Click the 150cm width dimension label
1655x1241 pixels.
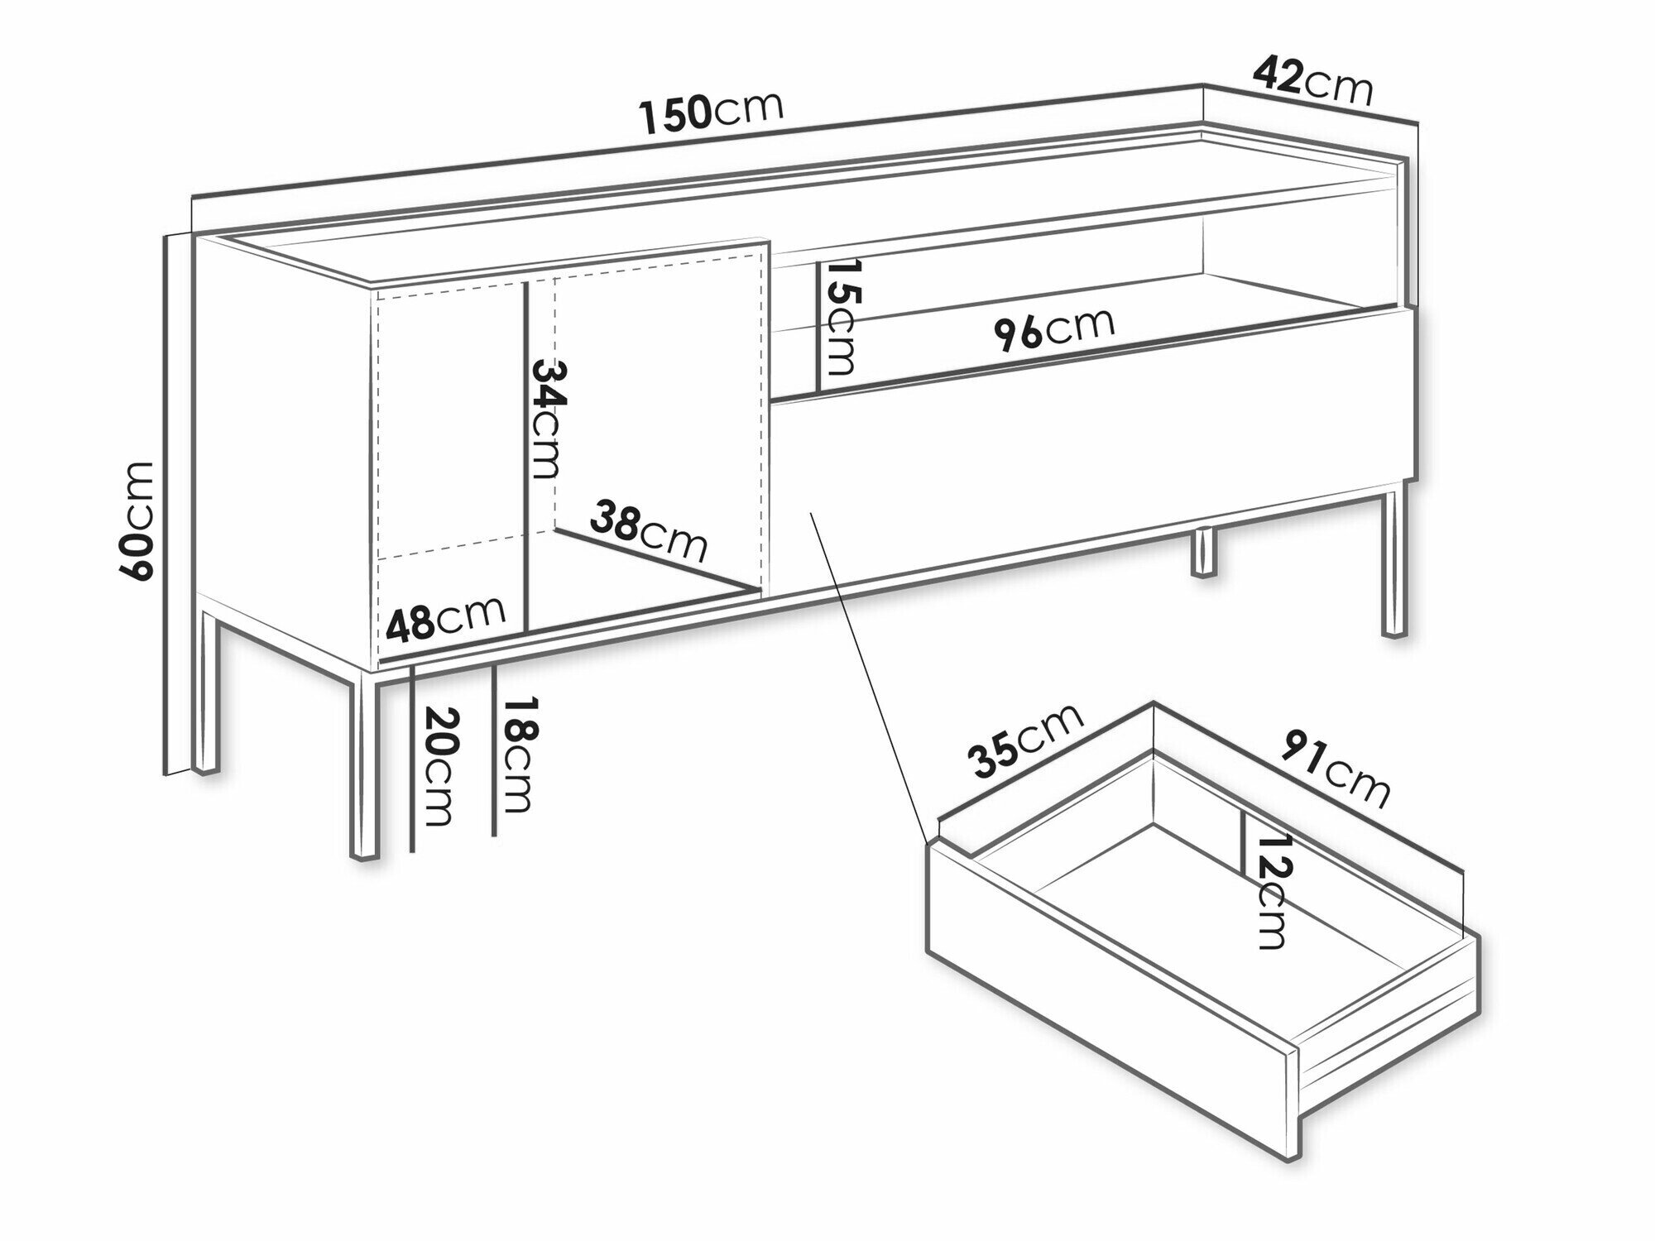[712, 113]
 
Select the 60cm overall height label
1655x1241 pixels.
[136, 520]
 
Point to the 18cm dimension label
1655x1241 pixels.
[520, 755]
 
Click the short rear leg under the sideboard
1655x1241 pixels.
[1204, 552]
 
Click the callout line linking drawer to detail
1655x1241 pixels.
[866, 677]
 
